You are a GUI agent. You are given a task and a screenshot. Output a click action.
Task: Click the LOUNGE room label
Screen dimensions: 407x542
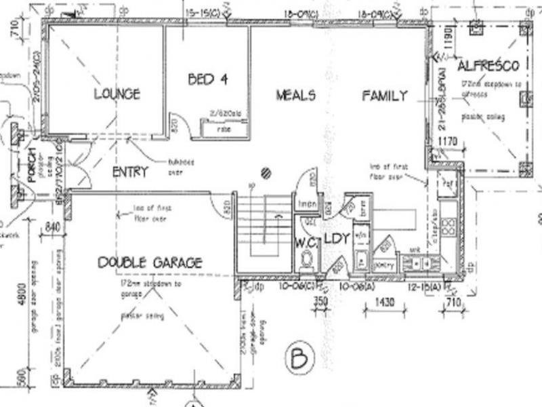[x=117, y=94]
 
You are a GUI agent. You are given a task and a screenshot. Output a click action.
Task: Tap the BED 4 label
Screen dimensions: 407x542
[x=207, y=79]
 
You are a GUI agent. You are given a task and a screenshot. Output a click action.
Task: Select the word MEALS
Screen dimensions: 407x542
[x=295, y=96]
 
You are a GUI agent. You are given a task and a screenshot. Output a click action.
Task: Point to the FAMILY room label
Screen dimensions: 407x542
[x=383, y=96]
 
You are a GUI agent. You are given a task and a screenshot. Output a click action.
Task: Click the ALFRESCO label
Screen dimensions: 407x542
[x=488, y=66]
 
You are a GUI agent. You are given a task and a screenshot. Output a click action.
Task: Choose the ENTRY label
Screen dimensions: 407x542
[x=129, y=172]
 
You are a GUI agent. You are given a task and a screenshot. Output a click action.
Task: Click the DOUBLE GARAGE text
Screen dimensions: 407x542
[x=150, y=263]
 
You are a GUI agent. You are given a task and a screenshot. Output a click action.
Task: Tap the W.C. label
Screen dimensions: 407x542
[x=307, y=239]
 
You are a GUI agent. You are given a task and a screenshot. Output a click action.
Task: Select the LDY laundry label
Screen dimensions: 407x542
[x=335, y=239]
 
